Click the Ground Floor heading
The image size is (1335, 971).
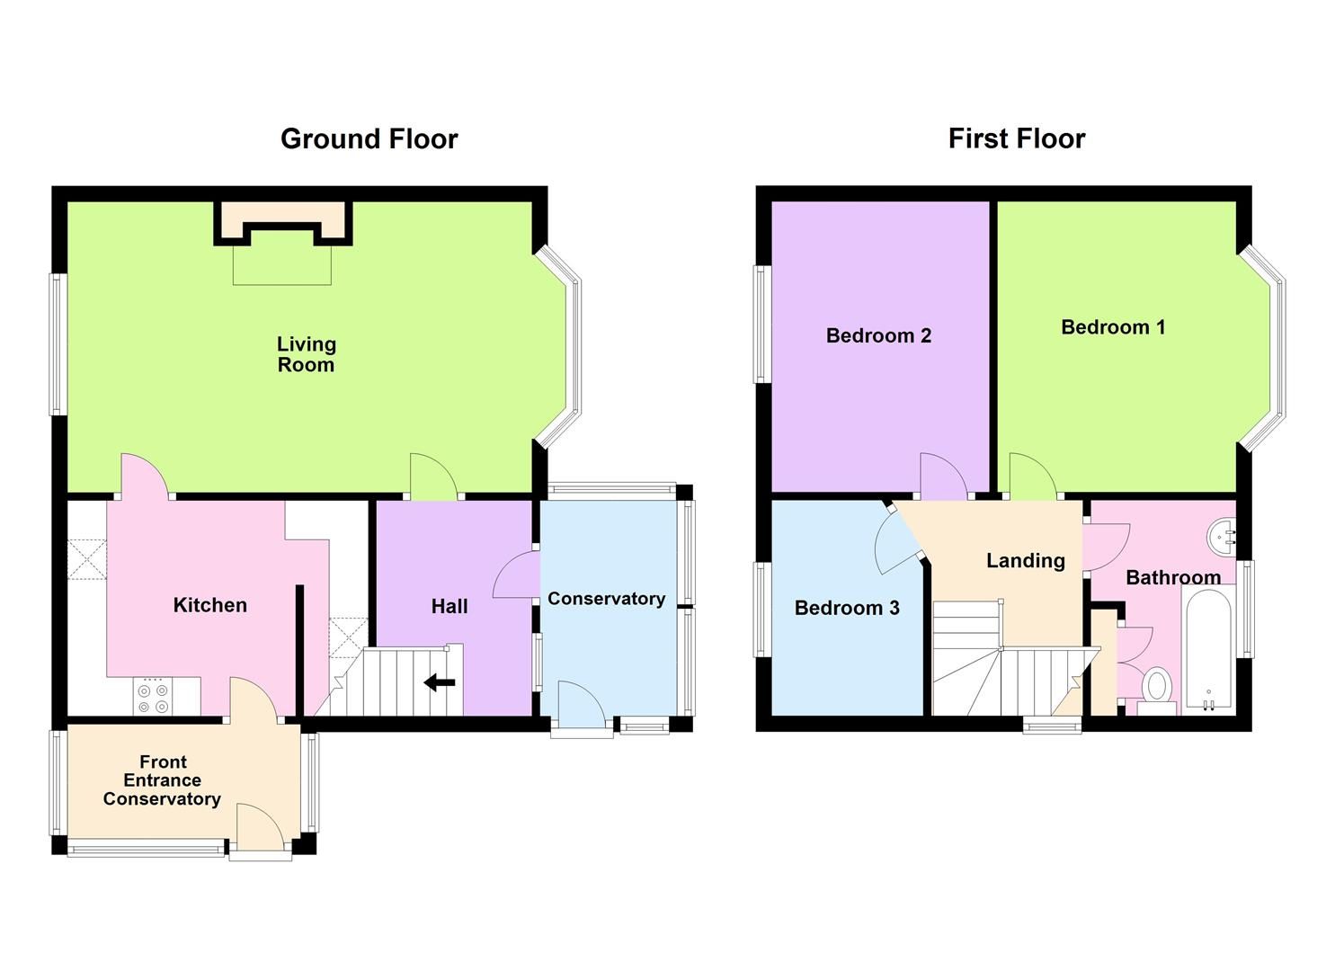pyautogui.click(x=369, y=138)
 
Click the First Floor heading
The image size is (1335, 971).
pyautogui.click(x=1016, y=138)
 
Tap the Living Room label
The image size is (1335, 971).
pyautogui.click(x=306, y=354)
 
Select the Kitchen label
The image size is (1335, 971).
pyautogui.click(x=209, y=605)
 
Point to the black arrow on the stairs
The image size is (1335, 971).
pyautogui.click(x=440, y=683)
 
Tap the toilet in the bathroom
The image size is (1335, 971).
pyautogui.click(x=1157, y=687)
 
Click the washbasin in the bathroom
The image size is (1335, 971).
pyautogui.click(x=1224, y=537)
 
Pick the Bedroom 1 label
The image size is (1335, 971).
pyautogui.click(x=1113, y=327)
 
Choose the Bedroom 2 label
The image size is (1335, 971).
pyautogui.click(x=878, y=335)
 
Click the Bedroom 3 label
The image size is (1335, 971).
pyautogui.click(x=847, y=608)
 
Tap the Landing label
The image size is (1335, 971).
pyautogui.click(x=1025, y=561)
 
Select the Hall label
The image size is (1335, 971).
pyautogui.click(x=449, y=607)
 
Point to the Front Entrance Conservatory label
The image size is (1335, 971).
pyautogui.click(x=162, y=780)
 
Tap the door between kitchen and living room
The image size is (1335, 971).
pyautogui.click(x=144, y=475)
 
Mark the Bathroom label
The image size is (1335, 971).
pyautogui.click(x=1173, y=577)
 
